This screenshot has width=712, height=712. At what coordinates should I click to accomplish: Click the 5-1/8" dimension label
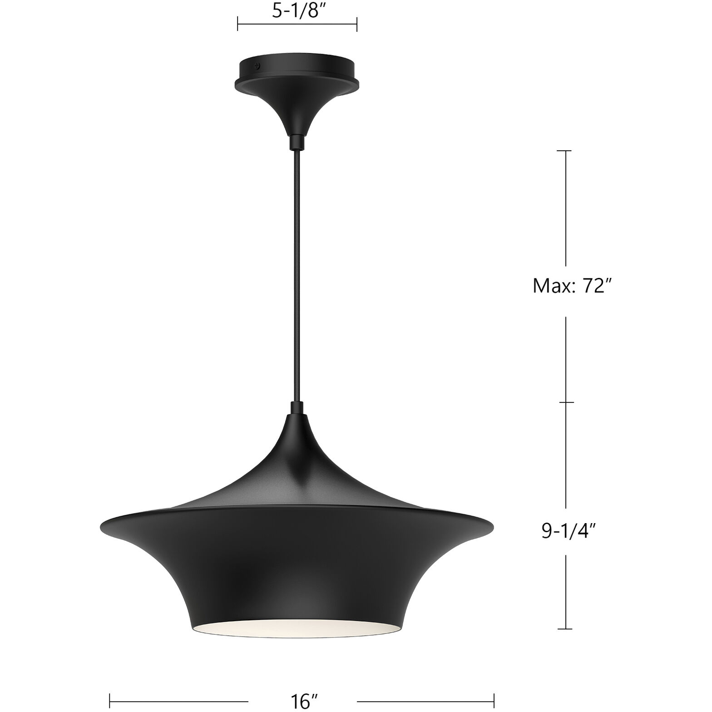tap(297, 11)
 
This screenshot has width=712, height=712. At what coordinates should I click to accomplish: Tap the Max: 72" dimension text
tap(570, 287)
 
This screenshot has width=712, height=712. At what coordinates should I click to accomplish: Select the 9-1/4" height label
tap(568, 531)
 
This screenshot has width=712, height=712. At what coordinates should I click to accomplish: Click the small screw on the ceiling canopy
tap(258, 66)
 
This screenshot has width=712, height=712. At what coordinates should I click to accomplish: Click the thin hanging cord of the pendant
tap(297, 272)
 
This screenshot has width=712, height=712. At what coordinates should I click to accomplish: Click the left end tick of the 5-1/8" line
tap(237, 24)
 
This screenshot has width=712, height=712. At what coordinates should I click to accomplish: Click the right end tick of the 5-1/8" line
tap(356, 24)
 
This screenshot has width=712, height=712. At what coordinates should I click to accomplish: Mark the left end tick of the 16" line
tap(110, 701)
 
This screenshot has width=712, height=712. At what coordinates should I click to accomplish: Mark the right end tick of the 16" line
tap(494, 701)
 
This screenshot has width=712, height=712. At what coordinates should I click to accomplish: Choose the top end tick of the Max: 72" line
tap(565, 150)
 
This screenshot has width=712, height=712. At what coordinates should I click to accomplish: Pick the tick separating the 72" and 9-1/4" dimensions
tap(565, 402)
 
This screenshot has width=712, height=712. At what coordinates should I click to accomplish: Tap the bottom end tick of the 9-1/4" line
tap(565, 629)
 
